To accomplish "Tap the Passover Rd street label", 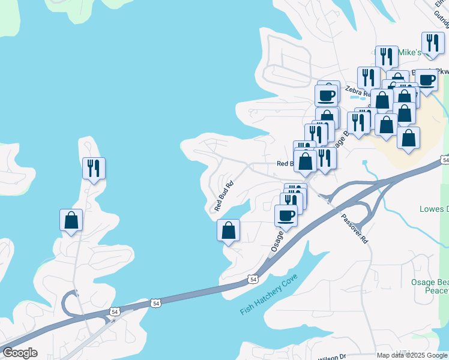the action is click(354, 229).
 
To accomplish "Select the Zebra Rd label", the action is click(358, 92).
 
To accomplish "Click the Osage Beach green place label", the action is click(429, 286).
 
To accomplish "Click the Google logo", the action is click(20, 353).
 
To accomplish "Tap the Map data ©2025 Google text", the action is click(412, 355).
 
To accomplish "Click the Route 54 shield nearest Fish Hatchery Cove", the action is click(253, 280).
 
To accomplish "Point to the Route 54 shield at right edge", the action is click(445, 160).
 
